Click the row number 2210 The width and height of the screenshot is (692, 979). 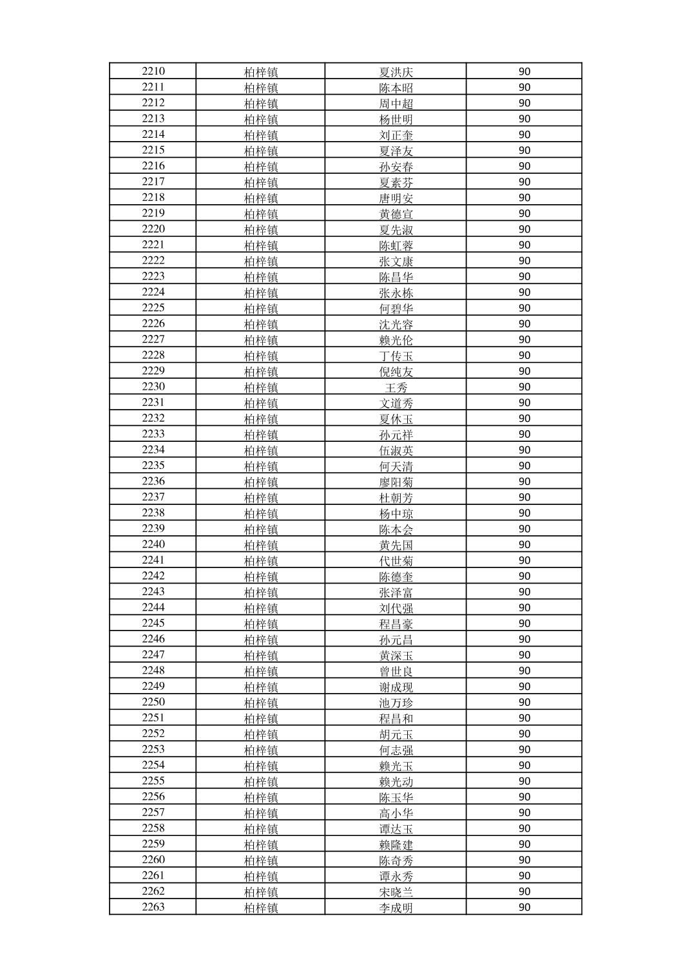tap(153, 71)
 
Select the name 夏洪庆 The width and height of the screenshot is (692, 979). tap(396, 72)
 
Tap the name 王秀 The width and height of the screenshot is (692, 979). tap(396, 388)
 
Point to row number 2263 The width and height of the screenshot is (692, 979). tap(153, 907)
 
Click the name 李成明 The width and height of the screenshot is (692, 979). tap(396, 908)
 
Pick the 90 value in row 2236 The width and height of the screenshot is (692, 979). tap(524, 482)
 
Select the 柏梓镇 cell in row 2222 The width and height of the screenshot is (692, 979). tap(261, 261)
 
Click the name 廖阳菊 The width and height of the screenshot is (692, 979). tap(396, 482)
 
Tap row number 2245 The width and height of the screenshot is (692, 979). tap(153, 623)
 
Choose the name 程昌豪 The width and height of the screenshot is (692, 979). tap(396, 624)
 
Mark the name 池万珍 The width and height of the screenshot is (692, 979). tap(396, 703)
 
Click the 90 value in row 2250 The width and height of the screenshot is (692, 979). tap(524, 702)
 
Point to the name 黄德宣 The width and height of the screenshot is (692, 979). tap(396, 214)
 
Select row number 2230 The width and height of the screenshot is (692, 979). tap(153, 386)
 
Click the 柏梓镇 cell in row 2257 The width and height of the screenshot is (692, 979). tap(261, 813)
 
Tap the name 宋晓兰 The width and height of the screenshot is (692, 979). tap(396, 892)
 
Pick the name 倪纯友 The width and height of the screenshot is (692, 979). tap(396, 372)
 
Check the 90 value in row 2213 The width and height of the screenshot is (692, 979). tap(524, 119)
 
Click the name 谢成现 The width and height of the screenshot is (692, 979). tap(396, 687)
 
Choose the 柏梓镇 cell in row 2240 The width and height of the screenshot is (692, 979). tap(261, 546)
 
